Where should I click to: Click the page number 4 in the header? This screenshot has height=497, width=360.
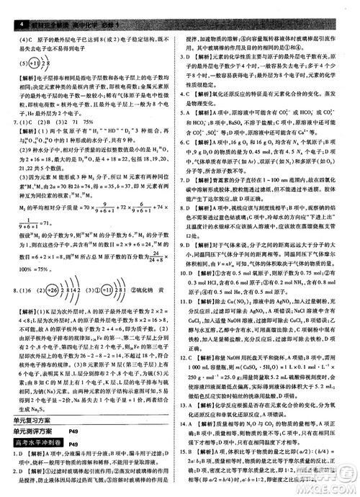point(6,6)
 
